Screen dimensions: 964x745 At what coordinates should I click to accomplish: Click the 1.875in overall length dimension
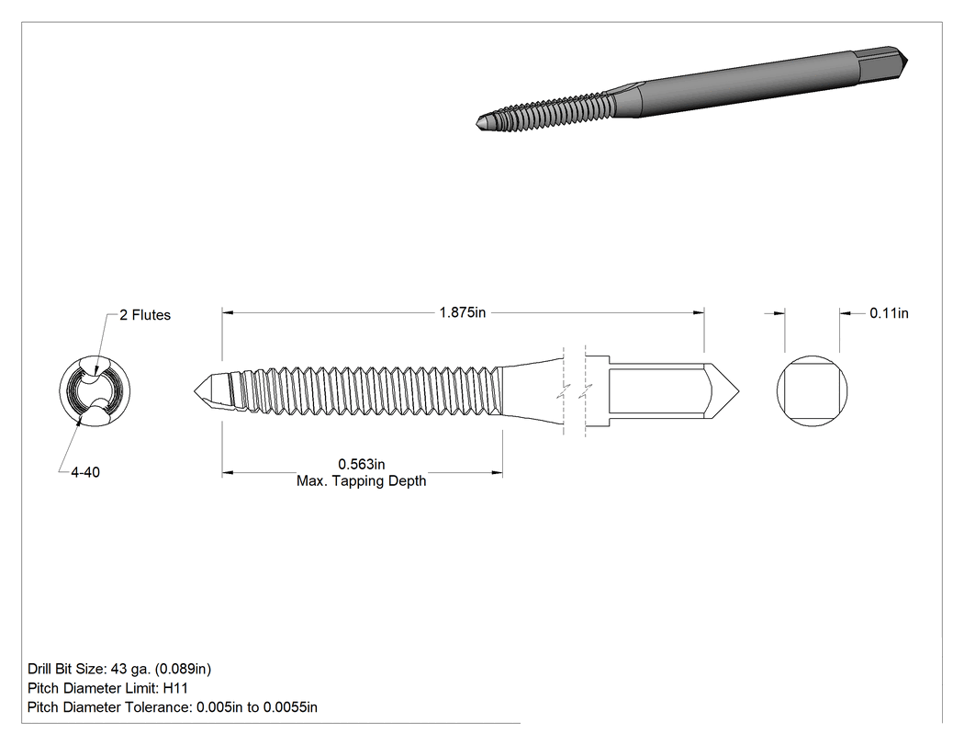pos(463,312)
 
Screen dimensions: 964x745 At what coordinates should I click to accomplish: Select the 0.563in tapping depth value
pos(362,465)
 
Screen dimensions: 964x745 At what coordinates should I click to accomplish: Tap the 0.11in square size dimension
pos(889,313)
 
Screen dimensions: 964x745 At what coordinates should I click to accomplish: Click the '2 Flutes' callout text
pos(145,315)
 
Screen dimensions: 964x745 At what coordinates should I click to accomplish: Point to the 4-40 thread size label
pos(85,472)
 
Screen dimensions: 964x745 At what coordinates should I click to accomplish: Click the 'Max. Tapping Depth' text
pos(362,481)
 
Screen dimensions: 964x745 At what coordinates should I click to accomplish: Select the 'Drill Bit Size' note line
pos(119,669)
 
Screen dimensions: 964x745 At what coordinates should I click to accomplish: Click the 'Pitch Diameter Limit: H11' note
pos(107,688)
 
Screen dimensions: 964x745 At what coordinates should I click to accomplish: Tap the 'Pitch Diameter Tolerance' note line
pos(173,707)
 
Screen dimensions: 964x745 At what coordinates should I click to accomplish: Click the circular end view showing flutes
pos(95,391)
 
